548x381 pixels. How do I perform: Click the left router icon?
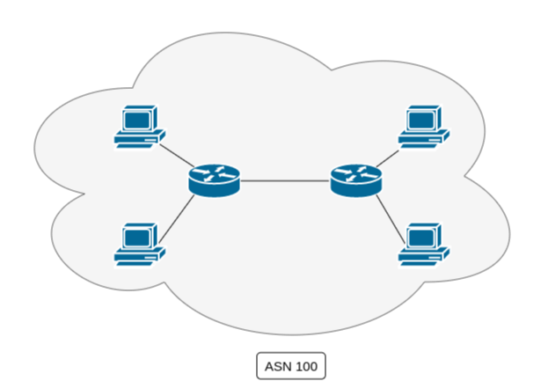click(x=213, y=180)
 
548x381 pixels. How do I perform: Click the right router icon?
click(x=355, y=180)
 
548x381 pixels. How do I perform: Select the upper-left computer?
click(x=140, y=127)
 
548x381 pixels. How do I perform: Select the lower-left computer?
click(x=140, y=243)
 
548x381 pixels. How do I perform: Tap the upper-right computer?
click(x=424, y=127)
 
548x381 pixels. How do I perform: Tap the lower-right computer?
click(x=424, y=243)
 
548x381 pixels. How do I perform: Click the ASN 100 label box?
click(x=290, y=364)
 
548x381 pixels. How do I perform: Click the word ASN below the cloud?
click(x=277, y=364)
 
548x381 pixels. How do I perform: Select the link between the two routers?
click(x=284, y=180)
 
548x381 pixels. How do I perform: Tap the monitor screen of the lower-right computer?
click(x=422, y=235)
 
